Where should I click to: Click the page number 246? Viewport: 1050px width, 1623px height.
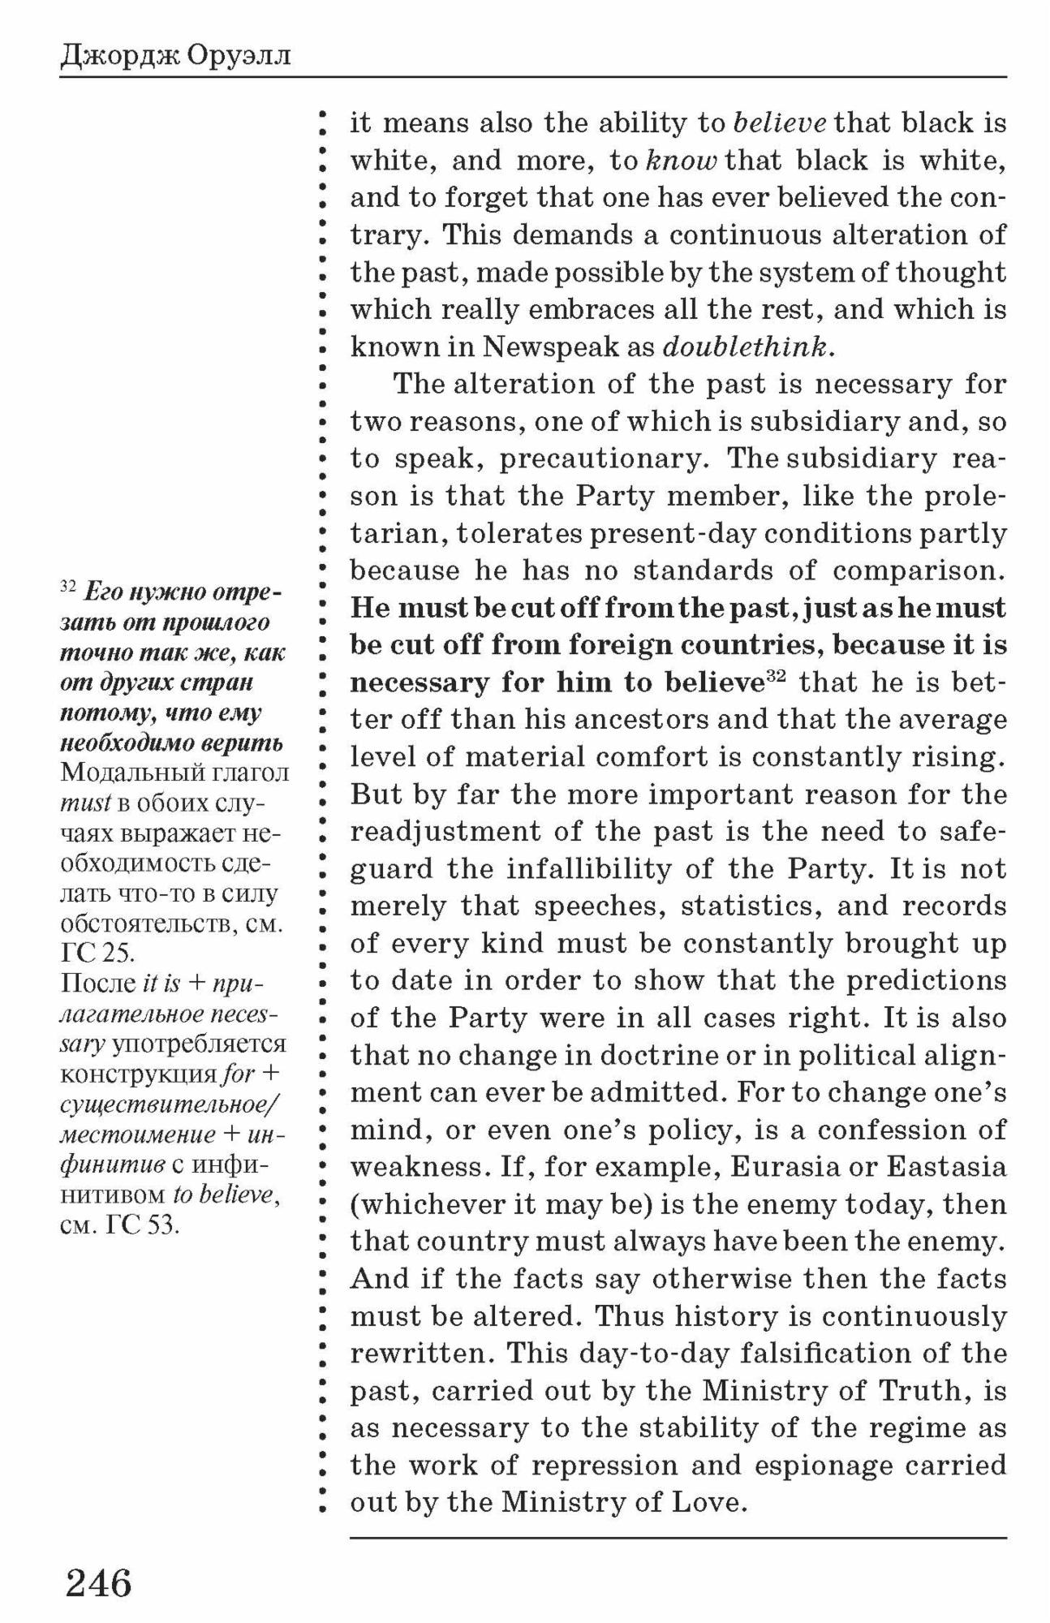(98, 1582)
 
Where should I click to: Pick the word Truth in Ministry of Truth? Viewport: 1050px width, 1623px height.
(925, 1390)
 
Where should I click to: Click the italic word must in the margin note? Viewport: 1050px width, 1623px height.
(85, 803)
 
